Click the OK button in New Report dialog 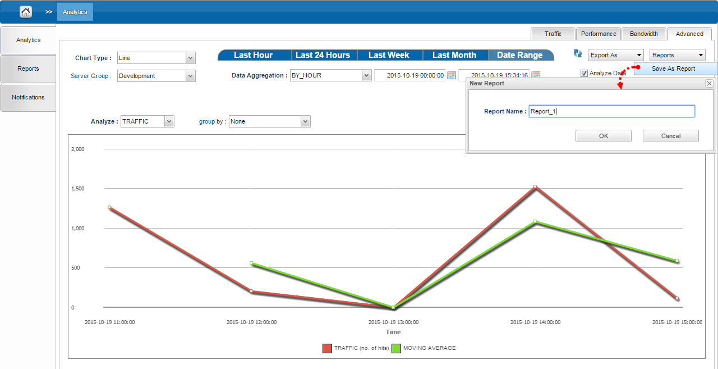[603, 136]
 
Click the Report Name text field [611, 111]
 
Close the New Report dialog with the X [709, 84]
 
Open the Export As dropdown [615, 55]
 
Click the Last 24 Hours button [323, 55]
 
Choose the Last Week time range [389, 55]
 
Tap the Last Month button [454, 55]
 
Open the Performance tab [599, 34]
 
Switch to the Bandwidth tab [643, 34]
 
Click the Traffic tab [553, 34]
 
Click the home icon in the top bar [26, 12]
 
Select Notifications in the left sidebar [28, 97]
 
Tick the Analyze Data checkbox [584, 73]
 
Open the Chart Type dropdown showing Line [156, 58]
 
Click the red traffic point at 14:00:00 [535, 186]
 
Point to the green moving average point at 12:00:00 [251, 263]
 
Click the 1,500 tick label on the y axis [78, 189]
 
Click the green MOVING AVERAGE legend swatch [396, 348]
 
